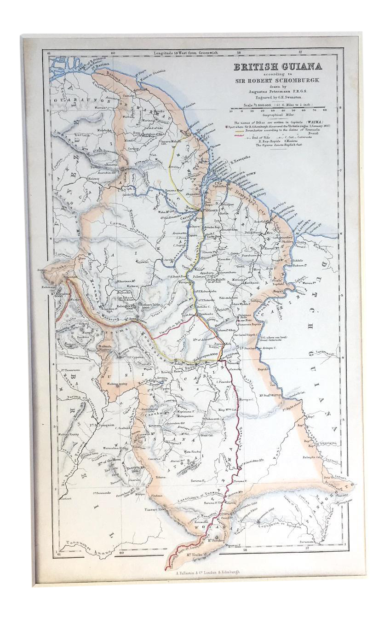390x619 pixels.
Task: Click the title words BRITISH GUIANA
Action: tap(278, 66)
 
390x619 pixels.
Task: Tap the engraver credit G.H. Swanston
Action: tap(278, 98)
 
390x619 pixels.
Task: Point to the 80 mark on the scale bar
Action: tap(325, 111)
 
